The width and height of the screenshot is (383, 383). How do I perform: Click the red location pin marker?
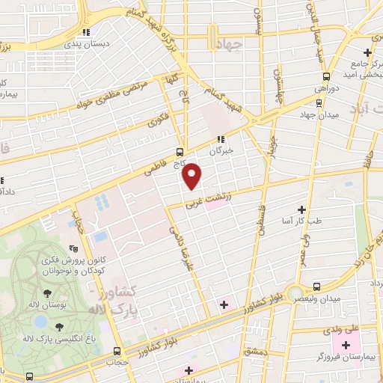tap(193, 175)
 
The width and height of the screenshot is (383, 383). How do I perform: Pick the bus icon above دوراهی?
tap(325, 76)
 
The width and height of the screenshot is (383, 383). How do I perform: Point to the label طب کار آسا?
tap(301, 221)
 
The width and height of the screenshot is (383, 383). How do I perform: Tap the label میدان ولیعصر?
tap(321, 299)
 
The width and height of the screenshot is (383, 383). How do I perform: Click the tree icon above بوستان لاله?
tap(47, 294)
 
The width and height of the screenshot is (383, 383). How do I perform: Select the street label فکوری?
tap(158, 118)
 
